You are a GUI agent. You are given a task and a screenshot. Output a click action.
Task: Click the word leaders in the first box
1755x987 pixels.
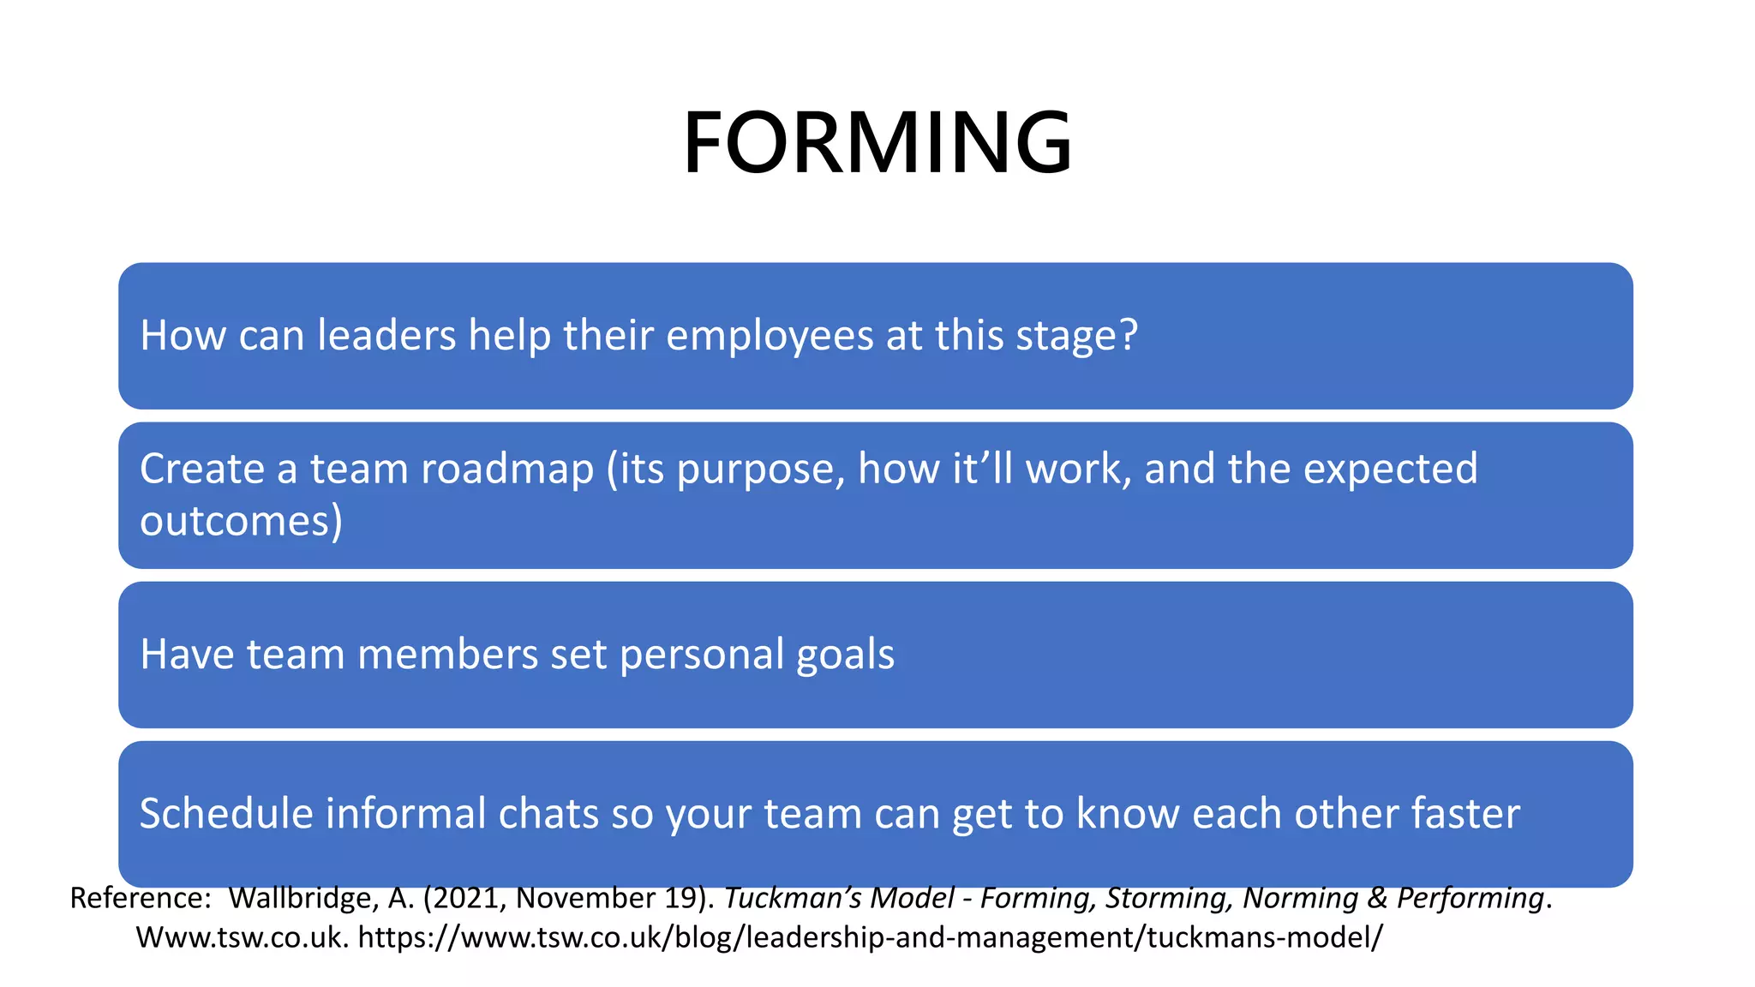point(386,335)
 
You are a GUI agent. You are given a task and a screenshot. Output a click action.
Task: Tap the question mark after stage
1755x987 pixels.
point(1129,335)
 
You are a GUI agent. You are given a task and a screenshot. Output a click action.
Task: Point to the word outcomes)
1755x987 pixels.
point(241,521)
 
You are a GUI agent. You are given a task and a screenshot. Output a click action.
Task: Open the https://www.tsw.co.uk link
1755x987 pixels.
point(870,937)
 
